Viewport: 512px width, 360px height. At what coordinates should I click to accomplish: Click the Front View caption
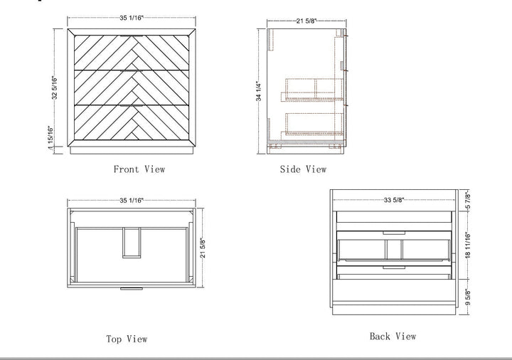tap(139, 169)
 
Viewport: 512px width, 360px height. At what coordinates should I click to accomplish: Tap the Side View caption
tap(303, 169)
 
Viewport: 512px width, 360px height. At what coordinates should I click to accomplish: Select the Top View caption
tap(127, 339)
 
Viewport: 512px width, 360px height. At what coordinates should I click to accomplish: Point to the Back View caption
tap(393, 336)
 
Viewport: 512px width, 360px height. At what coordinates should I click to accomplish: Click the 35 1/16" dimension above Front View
tap(132, 18)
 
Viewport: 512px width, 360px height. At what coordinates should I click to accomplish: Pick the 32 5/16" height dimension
tap(54, 88)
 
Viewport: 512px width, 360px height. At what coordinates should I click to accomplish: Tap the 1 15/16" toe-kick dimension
tap(50, 137)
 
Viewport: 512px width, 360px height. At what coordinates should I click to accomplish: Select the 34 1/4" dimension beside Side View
tap(259, 91)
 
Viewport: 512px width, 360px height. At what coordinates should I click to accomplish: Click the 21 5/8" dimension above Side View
tap(306, 21)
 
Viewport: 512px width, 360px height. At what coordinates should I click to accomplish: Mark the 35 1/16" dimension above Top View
tap(132, 200)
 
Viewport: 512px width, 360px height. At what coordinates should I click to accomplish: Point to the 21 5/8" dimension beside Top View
tap(203, 248)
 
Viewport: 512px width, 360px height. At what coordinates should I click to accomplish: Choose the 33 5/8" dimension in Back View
tap(394, 200)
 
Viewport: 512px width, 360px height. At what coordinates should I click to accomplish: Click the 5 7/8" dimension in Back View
tap(468, 201)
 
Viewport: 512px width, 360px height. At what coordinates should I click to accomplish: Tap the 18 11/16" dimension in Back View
tap(468, 245)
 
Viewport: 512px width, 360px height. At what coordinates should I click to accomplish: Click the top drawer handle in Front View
tap(132, 36)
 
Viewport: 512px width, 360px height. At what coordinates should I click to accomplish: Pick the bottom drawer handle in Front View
tap(132, 105)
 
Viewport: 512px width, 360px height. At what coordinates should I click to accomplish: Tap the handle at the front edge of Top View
tap(132, 289)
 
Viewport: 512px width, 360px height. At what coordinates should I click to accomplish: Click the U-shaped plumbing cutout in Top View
tap(132, 243)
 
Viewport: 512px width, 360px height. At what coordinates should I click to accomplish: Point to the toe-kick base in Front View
tap(132, 150)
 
